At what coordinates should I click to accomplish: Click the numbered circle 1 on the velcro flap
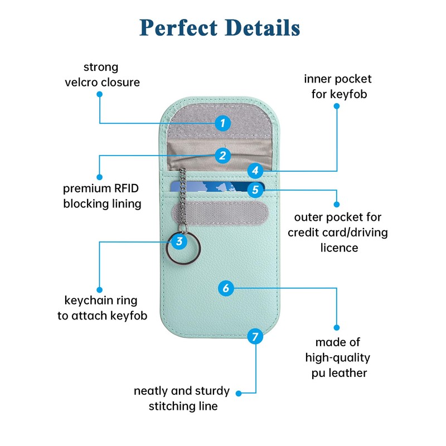(222, 123)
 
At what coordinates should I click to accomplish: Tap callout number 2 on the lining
(222, 156)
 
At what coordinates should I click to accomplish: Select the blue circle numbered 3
(179, 241)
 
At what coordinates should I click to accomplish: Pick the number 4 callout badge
(255, 171)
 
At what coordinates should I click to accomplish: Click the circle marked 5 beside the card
(255, 190)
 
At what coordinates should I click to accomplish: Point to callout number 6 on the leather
(226, 288)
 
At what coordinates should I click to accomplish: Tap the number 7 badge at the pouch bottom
(255, 337)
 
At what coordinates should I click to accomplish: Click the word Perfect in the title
(178, 28)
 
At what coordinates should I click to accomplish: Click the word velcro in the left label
(81, 82)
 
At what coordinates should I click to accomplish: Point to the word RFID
(126, 188)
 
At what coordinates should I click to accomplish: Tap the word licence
(339, 248)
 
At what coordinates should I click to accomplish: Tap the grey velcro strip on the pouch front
(220, 213)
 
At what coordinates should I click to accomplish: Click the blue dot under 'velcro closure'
(99, 94)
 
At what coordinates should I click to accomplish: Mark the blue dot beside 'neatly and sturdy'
(239, 394)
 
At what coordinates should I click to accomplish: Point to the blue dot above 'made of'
(337, 328)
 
